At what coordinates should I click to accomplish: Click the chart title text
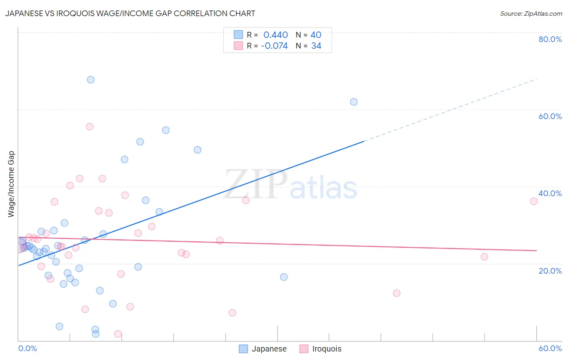(130, 13)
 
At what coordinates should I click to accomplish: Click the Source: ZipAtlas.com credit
(531, 13)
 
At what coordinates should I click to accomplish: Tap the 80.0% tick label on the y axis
(550, 39)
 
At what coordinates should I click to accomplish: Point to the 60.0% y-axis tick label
(550, 116)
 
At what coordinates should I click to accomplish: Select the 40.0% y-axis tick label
(550, 193)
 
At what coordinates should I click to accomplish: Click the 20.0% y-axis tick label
(550, 270)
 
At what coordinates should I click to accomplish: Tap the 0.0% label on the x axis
(27, 348)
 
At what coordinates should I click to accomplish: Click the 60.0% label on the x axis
(550, 348)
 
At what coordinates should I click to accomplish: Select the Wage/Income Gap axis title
(11, 184)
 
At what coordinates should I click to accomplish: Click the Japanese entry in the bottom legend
(269, 349)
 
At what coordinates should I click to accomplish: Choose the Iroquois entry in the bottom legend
(326, 349)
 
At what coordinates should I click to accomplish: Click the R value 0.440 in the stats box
(275, 35)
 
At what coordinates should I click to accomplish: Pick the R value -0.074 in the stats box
(274, 46)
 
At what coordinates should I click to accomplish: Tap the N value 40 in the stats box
(316, 35)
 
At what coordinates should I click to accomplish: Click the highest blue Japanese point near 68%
(91, 80)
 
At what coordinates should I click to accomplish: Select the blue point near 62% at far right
(354, 102)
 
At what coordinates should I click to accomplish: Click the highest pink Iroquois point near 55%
(90, 127)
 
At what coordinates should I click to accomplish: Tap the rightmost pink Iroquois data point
(534, 201)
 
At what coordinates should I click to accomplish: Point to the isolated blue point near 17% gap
(283, 277)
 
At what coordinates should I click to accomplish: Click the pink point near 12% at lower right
(396, 293)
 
